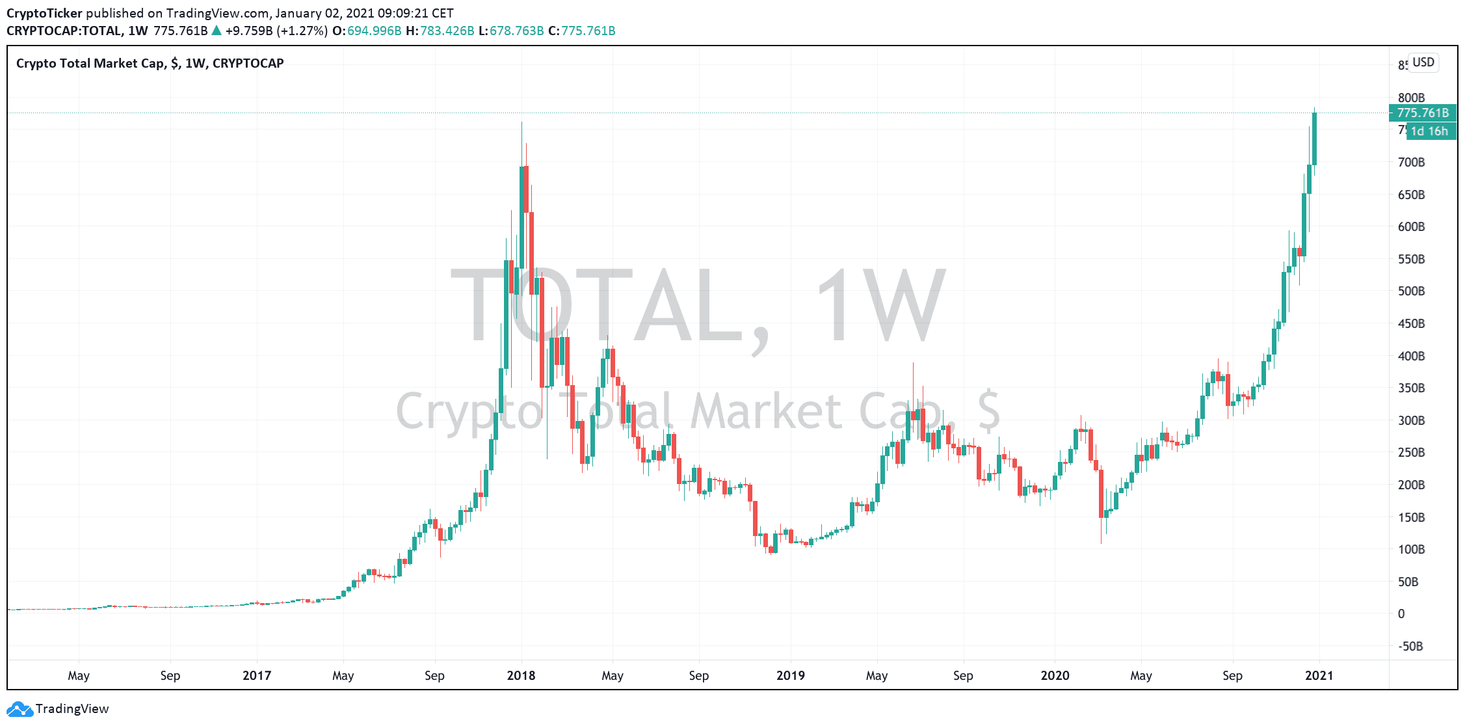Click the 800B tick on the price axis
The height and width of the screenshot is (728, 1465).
[1411, 98]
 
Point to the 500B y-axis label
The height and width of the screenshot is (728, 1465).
[1411, 291]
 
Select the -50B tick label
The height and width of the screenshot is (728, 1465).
[1410, 646]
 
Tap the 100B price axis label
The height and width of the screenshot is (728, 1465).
[1411, 549]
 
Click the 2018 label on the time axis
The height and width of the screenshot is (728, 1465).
[521, 675]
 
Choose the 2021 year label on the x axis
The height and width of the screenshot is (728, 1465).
[1319, 675]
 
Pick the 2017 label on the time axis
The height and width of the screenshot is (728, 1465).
[257, 675]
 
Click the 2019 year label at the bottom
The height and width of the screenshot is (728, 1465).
[790, 675]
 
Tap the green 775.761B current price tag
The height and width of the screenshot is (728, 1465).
[1423, 113]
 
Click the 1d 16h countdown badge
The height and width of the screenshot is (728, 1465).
[1429, 131]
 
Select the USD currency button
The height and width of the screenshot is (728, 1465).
[1423, 62]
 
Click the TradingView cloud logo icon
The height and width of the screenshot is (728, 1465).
[19, 709]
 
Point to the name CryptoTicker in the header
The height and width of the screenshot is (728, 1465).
[44, 13]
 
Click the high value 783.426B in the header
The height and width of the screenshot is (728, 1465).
[447, 31]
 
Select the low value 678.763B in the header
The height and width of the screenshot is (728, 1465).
[516, 31]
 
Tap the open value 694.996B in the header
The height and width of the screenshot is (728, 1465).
[374, 31]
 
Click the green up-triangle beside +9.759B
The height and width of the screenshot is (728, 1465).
[217, 31]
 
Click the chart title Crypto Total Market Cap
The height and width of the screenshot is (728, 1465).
[90, 63]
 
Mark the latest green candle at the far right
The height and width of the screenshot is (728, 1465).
[1314, 138]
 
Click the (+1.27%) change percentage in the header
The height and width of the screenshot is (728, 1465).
[302, 31]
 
